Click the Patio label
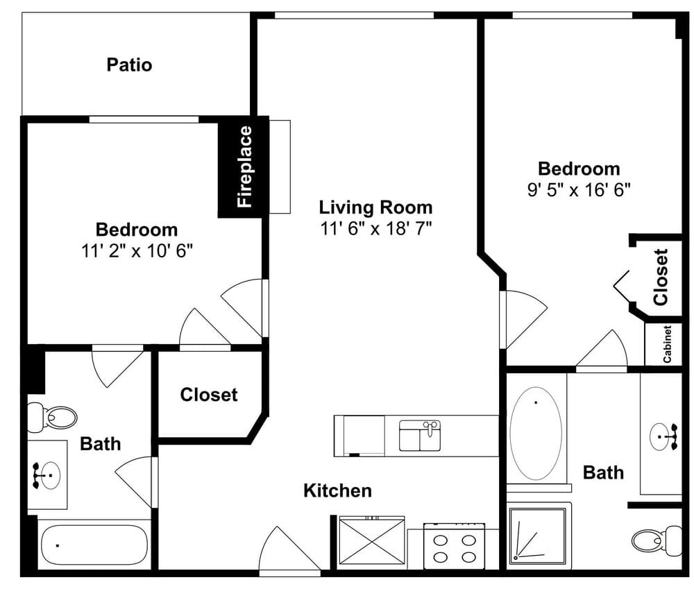coord(129,65)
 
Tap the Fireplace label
coord(244,166)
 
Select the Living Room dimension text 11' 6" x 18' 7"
coord(375,229)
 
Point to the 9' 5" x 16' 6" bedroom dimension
coord(579,190)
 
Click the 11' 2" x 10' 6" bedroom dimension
coord(137,251)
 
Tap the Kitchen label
coord(337,490)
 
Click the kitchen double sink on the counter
coord(420,436)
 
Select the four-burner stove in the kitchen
coord(454,546)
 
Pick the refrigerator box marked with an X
coord(372,541)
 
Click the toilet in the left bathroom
coord(52,417)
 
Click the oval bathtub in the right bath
coord(536,434)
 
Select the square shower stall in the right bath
coord(538,536)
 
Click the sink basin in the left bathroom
coord(50,475)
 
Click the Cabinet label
coord(667,344)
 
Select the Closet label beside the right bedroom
coord(661,277)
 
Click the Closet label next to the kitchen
coord(209,395)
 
